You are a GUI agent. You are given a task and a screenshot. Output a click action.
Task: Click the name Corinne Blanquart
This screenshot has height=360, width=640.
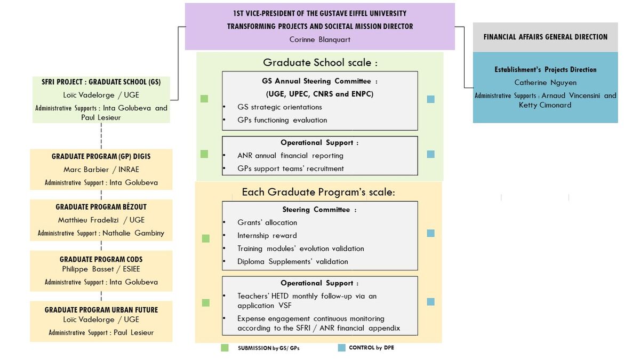pos(319,39)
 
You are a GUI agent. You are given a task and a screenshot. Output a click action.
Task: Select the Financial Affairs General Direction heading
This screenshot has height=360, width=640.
pos(545,37)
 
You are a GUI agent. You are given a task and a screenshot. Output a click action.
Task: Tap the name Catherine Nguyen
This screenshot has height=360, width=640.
pos(545,83)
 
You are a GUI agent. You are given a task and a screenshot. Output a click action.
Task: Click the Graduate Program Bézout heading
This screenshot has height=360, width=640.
pos(101,207)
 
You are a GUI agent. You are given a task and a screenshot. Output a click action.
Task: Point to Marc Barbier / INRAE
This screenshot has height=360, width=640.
pos(101,170)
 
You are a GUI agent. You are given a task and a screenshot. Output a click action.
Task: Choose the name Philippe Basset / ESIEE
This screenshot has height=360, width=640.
pos(101,269)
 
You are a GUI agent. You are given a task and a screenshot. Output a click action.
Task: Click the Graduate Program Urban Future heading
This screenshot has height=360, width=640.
pos(101,310)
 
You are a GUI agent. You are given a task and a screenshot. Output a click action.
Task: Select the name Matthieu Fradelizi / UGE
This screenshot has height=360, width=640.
pos(101,220)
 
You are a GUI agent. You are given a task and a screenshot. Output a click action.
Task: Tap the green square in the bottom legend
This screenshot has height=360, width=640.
pos(225,348)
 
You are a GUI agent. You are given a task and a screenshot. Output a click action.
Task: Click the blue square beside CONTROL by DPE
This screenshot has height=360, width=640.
pos(342,348)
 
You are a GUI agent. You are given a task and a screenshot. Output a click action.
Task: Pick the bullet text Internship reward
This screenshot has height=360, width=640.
pos(267,236)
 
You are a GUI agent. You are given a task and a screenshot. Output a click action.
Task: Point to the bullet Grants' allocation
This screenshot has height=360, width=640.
pos(267,222)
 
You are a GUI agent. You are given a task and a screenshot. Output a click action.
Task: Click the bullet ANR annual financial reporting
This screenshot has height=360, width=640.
pos(290,156)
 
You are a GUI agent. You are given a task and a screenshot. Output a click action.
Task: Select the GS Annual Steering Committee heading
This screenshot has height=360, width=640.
pos(319,82)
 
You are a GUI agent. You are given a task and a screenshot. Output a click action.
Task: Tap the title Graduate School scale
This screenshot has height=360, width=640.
pos(320,63)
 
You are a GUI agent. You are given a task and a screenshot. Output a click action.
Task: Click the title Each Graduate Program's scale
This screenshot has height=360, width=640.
pos(318,192)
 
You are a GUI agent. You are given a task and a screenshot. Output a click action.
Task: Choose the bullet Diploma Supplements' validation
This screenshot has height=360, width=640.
pos(292,262)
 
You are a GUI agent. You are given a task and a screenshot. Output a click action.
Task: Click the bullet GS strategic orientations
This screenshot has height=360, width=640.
pos(279,107)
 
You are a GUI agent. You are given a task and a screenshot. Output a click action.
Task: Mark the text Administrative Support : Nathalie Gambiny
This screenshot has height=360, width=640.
pos(101,233)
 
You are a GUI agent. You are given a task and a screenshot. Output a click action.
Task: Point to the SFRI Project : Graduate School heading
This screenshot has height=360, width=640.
pos(101,82)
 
